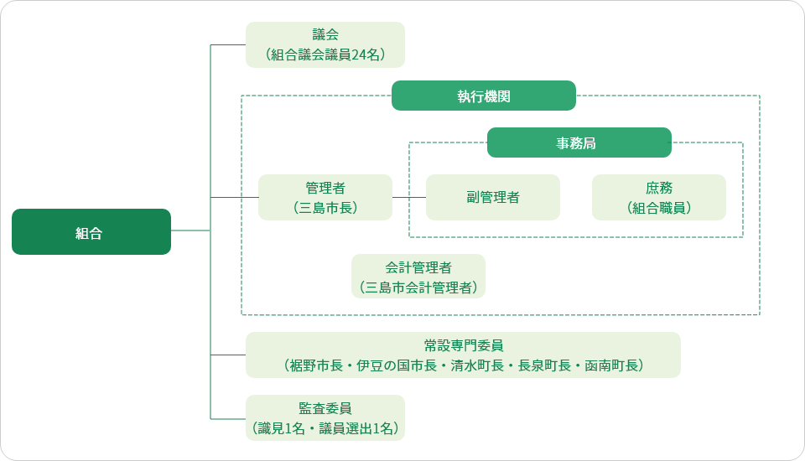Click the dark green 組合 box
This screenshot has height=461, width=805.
[x=91, y=231]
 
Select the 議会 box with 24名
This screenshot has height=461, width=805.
[x=325, y=44]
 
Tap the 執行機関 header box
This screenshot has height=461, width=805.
[x=484, y=96]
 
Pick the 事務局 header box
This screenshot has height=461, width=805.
[x=579, y=142]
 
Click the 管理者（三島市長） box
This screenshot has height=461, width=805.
[x=325, y=197]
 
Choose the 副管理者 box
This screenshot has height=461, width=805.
[x=493, y=197]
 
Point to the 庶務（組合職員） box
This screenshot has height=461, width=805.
[x=659, y=197]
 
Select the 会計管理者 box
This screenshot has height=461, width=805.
[x=418, y=277]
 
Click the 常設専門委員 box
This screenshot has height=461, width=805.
[x=463, y=355]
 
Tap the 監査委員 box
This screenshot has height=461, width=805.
[x=325, y=417]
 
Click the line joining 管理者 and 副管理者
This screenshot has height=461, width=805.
[x=409, y=197]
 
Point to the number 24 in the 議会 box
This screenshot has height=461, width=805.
[x=358, y=54]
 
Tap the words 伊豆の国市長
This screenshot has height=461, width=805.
[x=397, y=365]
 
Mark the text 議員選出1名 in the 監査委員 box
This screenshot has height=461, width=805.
[x=356, y=428]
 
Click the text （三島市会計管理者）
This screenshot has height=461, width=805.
[x=418, y=287]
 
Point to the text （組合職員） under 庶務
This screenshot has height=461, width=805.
[x=659, y=208]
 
